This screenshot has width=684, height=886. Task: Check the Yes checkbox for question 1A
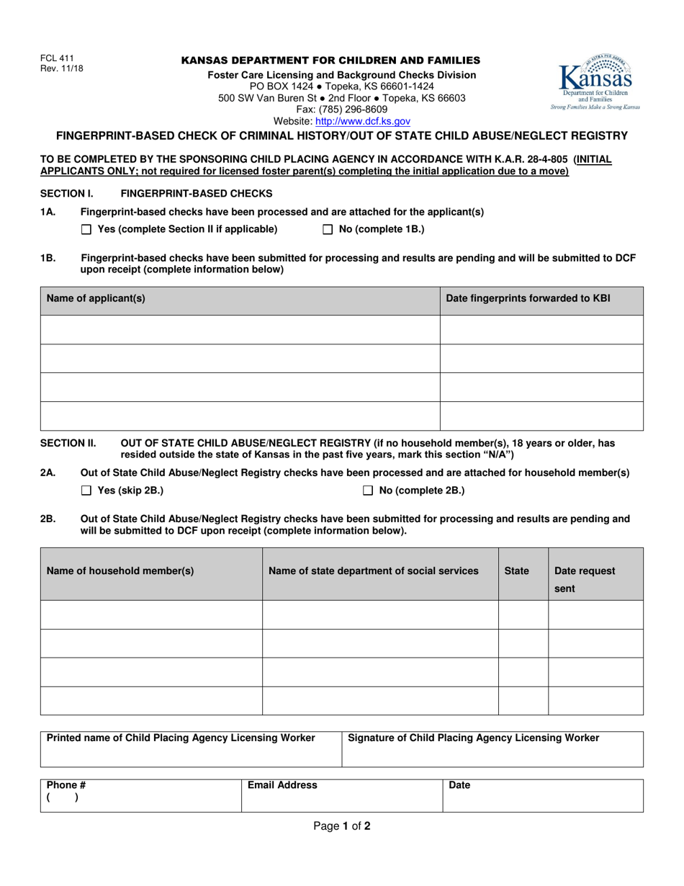(87, 230)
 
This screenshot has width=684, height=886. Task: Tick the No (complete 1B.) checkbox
(328, 230)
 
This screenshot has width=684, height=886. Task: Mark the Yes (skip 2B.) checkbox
(87, 491)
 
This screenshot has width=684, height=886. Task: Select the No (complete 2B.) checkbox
(368, 491)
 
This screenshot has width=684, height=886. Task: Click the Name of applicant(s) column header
(96, 298)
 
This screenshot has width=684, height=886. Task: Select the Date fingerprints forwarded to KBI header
(528, 298)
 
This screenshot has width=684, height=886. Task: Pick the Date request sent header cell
(585, 579)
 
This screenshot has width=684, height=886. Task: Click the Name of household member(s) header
(120, 570)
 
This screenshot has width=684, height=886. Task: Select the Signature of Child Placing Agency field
(492, 749)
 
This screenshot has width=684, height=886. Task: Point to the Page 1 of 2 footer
(342, 827)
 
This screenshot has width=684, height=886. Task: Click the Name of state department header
(373, 570)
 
